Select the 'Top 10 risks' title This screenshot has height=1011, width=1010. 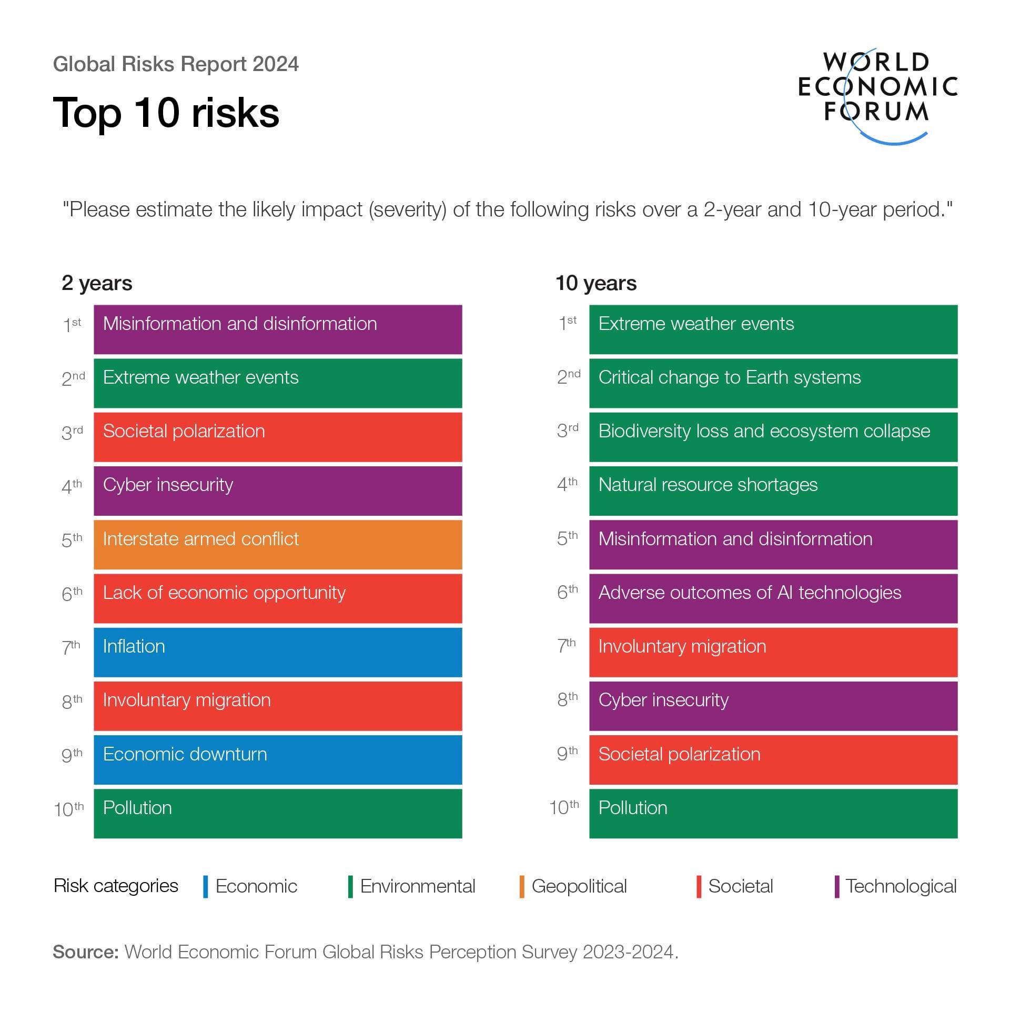(166, 113)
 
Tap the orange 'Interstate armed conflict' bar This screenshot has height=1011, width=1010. (278, 545)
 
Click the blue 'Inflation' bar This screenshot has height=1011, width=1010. (278, 652)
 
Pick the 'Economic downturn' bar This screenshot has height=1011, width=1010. (278, 759)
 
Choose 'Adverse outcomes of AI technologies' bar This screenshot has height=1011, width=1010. (773, 598)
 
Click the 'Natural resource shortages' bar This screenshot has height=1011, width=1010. (773, 491)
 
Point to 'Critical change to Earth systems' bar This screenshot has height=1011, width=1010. (773, 383)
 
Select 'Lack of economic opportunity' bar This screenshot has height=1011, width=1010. (278, 598)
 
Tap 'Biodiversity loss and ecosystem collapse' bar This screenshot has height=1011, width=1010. (773, 437)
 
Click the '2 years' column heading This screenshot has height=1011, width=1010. (97, 283)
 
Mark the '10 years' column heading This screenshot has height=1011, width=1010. (596, 283)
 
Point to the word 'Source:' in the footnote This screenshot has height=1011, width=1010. (86, 952)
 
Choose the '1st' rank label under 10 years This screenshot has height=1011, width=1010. (568, 323)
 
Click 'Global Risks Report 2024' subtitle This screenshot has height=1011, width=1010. (176, 64)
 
